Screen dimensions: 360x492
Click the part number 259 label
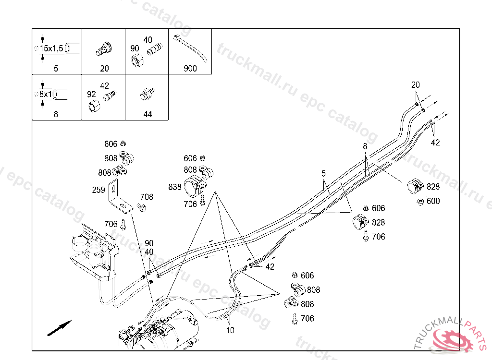point(98,190)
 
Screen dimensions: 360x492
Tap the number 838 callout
point(175,186)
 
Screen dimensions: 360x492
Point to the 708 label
point(147,197)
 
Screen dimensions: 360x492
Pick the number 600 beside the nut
point(433,201)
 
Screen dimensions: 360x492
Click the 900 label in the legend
point(190,69)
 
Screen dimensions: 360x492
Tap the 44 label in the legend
point(148,114)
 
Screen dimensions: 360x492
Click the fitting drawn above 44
point(147,93)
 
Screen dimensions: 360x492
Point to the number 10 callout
point(230,330)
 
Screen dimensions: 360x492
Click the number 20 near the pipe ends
point(416,85)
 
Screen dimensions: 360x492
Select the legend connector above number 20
point(104,48)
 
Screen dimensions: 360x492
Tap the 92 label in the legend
point(91,95)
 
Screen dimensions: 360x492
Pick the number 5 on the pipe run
point(323,173)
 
